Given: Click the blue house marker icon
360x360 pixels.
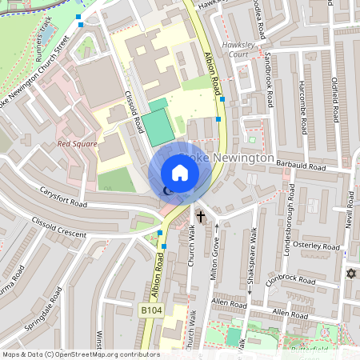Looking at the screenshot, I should point(180,173).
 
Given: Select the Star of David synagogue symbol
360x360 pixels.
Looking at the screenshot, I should point(349,274).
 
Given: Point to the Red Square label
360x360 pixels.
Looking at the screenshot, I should point(78,144).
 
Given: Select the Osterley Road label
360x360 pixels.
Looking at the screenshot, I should point(317,245).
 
